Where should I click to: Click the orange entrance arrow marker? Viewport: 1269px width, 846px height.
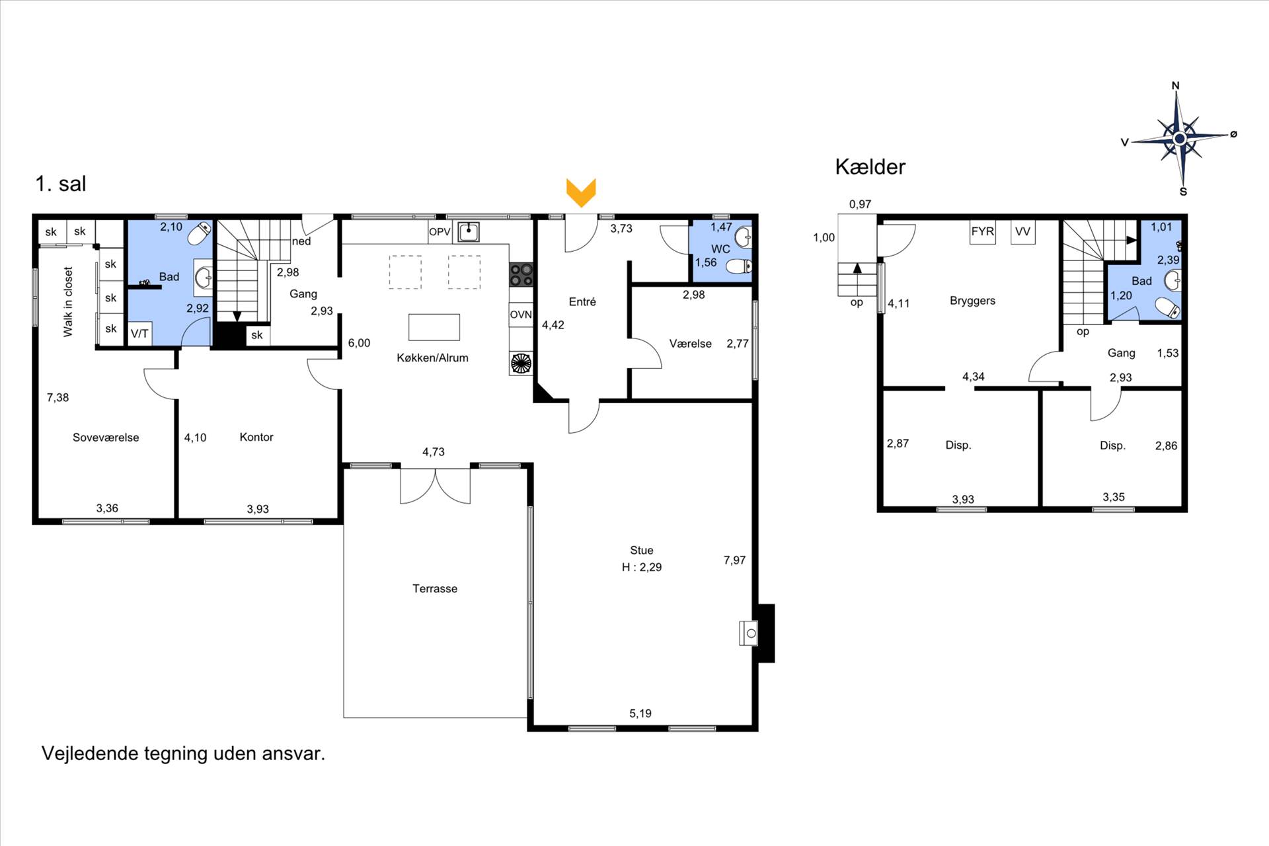581,192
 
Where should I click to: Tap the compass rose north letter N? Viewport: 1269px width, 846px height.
1175,86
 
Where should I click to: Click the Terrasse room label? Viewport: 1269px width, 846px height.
434,588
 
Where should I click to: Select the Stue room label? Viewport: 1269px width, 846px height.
641,550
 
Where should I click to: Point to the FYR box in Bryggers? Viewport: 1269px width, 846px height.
982,232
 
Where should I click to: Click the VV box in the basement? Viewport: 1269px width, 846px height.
1022,232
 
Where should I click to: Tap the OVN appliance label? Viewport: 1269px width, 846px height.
521,315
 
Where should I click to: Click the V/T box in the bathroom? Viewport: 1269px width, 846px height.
139,334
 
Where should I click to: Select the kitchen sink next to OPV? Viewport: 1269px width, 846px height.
469,231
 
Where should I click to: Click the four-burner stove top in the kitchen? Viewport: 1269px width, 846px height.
521,274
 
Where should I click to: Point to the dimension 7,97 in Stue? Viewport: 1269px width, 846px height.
734,560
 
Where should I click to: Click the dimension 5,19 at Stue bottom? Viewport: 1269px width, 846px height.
640,713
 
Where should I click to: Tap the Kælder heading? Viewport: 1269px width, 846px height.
870,167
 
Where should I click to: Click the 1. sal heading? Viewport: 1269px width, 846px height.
61,184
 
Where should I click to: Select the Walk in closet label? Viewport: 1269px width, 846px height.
68,301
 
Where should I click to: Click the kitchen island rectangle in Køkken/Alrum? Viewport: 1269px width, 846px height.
434,327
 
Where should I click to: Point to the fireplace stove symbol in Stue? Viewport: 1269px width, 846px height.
748,633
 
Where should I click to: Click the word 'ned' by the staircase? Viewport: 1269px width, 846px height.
301,241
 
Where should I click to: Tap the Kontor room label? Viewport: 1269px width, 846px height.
256,437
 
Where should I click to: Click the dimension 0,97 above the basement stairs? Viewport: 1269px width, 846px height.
860,204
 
